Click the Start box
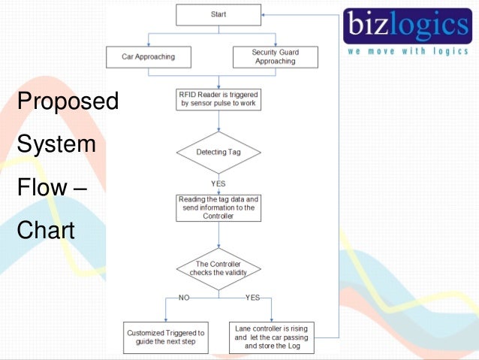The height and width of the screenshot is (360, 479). (x=218, y=14)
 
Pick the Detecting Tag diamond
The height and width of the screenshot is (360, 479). (x=218, y=152)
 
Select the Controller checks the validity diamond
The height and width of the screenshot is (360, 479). (x=218, y=269)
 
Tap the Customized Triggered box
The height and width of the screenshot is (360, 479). (x=166, y=337)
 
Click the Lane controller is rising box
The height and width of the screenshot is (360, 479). (x=271, y=337)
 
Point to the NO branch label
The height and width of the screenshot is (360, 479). (x=184, y=298)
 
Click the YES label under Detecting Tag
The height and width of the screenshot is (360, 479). (x=218, y=183)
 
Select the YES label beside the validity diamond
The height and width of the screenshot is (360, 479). (x=252, y=298)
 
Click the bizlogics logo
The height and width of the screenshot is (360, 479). (x=408, y=26)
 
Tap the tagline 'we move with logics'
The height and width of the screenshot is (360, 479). (x=407, y=52)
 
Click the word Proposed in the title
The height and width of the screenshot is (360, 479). (x=67, y=101)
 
